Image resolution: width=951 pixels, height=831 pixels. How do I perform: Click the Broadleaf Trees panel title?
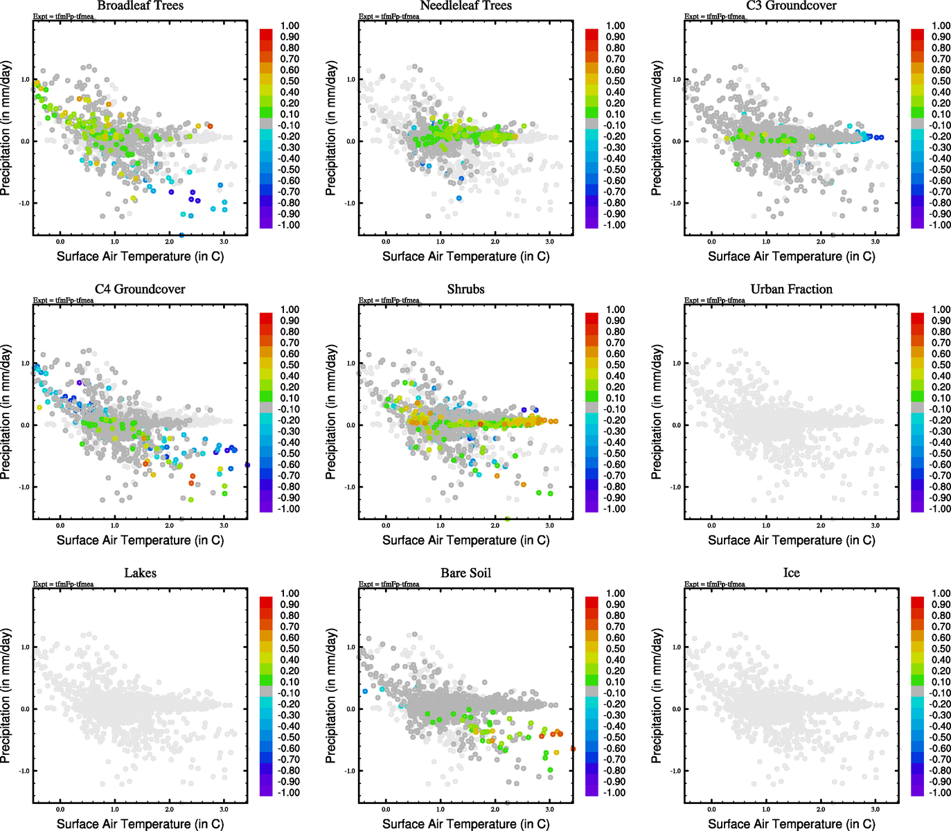point(140,6)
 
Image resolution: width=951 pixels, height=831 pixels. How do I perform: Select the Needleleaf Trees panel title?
point(465,6)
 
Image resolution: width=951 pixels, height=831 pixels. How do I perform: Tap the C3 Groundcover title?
point(791,6)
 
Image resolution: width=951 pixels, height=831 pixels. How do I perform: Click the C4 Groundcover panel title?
point(140,289)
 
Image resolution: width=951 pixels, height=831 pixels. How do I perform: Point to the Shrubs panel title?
point(465,289)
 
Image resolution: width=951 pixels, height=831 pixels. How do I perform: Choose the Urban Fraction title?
point(791,289)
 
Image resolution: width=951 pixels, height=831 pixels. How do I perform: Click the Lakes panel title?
point(140,573)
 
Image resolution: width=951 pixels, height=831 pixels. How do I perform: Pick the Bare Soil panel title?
point(465,573)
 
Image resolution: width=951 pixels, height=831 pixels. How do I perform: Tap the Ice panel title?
point(791,573)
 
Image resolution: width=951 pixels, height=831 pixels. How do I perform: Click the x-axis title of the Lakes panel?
point(140,823)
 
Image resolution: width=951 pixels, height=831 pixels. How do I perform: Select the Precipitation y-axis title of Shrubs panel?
point(331,412)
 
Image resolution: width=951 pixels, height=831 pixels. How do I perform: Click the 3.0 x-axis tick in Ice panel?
point(876,809)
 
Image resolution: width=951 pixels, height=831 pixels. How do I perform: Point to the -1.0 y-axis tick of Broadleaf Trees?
point(25,203)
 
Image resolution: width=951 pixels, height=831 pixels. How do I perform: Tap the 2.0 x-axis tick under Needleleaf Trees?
point(495,242)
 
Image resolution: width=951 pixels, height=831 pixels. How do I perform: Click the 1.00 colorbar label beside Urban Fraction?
point(941,310)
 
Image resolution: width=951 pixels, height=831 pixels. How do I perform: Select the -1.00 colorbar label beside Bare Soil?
point(614,792)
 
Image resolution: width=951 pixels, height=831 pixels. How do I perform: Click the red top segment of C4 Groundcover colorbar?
point(266,318)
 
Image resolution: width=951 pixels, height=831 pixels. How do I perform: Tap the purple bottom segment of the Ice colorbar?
point(917,789)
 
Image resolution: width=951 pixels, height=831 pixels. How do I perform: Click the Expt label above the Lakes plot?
point(63,584)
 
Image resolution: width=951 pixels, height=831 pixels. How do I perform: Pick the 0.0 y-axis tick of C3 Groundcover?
point(677,141)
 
